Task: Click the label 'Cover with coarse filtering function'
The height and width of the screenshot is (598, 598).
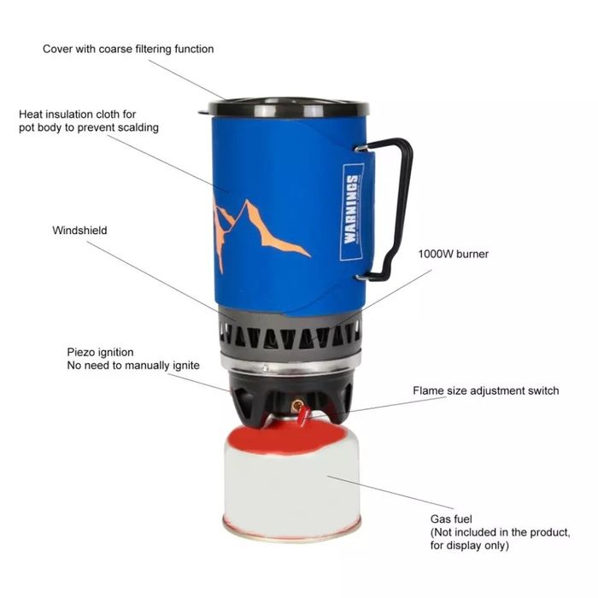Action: tap(128, 49)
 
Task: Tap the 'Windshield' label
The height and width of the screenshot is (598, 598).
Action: tap(79, 230)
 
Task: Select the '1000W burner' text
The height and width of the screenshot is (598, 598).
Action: tap(453, 254)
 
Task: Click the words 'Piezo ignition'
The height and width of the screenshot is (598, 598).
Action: tap(100, 352)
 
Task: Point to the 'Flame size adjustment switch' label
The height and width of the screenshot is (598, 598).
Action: tap(485, 390)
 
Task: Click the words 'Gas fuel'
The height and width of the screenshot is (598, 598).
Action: tap(451, 519)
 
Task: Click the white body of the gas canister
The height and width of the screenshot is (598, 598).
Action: tap(290, 491)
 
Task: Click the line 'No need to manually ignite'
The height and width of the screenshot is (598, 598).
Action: tap(133, 366)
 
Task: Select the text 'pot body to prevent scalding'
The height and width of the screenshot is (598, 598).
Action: tap(89, 127)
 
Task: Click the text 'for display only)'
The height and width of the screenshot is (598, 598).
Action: tap(469, 545)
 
